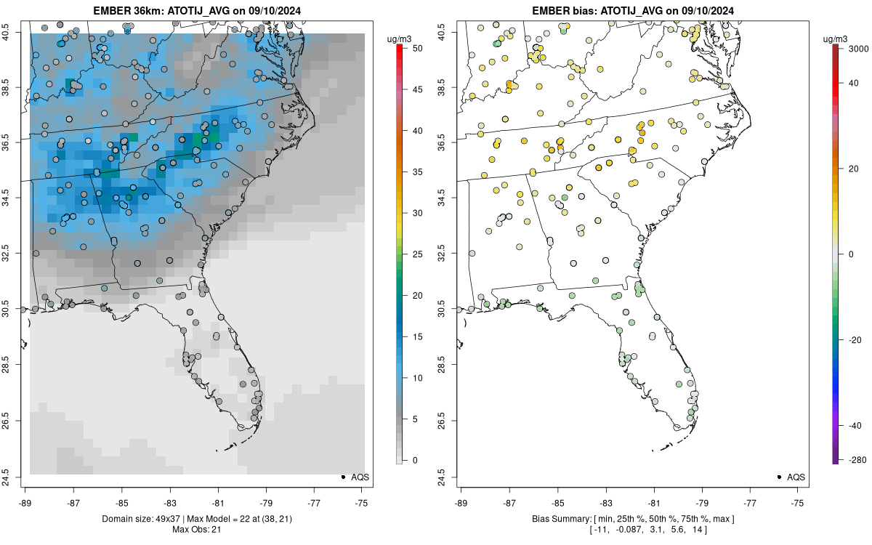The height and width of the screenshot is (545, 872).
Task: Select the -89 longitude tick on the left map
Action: coord(25,501)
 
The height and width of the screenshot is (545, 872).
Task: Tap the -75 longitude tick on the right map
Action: coord(798,501)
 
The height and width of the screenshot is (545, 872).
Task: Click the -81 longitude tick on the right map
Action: coord(654,501)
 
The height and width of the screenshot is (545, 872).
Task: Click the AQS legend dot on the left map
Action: coord(343,477)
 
